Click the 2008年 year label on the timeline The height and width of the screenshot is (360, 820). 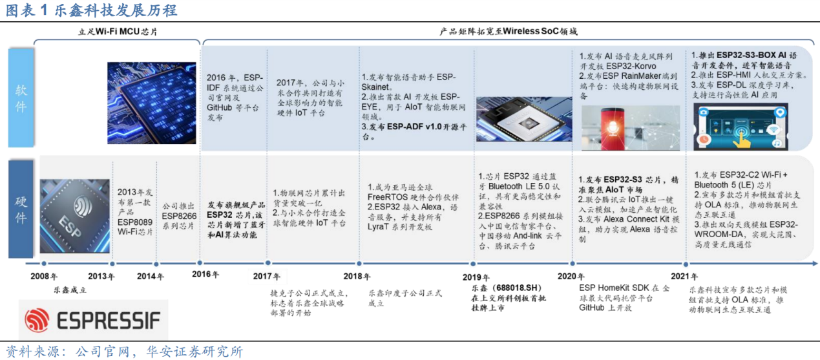[x=43, y=276]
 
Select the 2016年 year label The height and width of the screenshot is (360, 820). [x=205, y=274]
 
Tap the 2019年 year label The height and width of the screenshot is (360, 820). [x=476, y=277]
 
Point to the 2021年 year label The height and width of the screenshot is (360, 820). [x=684, y=277]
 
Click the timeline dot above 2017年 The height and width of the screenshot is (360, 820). [x=268, y=263]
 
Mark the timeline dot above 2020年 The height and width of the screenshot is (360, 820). [x=573, y=264]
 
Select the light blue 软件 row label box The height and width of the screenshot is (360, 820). [x=21, y=98]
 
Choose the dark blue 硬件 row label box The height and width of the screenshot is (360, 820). [x=21, y=209]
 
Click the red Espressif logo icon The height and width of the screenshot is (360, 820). [x=37, y=320]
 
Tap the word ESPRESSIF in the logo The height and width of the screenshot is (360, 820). [x=109, y=321]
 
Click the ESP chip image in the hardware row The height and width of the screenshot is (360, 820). [x=75, y=216]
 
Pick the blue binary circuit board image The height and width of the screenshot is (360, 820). [x=152, y=103]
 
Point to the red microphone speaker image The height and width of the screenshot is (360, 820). [x=631, y=128]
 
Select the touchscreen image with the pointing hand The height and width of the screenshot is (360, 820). [x=741, y=127]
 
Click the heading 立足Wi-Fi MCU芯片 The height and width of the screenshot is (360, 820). [x=118, y=32]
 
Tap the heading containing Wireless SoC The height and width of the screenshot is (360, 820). [x=509, y=32]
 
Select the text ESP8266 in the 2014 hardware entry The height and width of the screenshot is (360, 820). [x=179, y=216]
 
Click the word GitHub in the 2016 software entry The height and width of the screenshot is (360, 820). [x=219, y=108]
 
